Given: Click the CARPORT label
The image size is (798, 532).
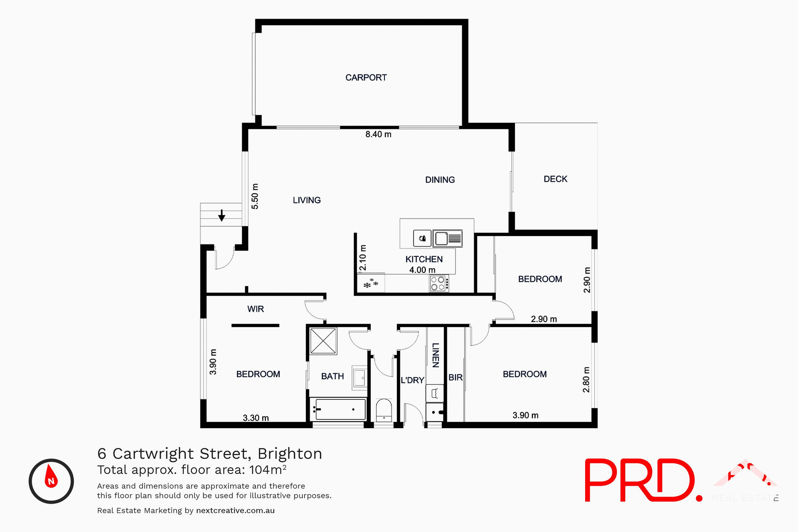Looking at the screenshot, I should coord(366,78).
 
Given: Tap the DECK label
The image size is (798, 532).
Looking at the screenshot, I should coord(555,179).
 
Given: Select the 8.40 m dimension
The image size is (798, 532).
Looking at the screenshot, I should coord(378,134).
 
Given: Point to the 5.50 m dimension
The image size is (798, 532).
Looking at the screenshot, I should coord(255,196).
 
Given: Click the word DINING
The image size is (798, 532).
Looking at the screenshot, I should coord(440,180).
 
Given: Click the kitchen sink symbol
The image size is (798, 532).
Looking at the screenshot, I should coord(448,239).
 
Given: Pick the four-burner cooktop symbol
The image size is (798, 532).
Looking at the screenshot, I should coord(438,283).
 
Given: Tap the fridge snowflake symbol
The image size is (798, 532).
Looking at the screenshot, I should coord(371,284).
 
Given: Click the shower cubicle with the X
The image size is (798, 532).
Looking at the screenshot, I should coord(323,341).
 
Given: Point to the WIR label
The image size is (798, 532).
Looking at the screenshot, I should coord(255,309).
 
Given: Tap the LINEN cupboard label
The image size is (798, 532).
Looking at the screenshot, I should coord(435,355).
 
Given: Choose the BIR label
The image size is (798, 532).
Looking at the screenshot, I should coord(455,377).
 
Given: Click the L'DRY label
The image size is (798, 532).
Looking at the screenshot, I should coord(412,380).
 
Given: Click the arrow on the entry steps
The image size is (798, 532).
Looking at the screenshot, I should coord(222,215).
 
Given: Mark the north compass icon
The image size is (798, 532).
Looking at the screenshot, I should coord(51,481).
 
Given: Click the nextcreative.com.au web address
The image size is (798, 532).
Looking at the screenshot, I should coord(235,510).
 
